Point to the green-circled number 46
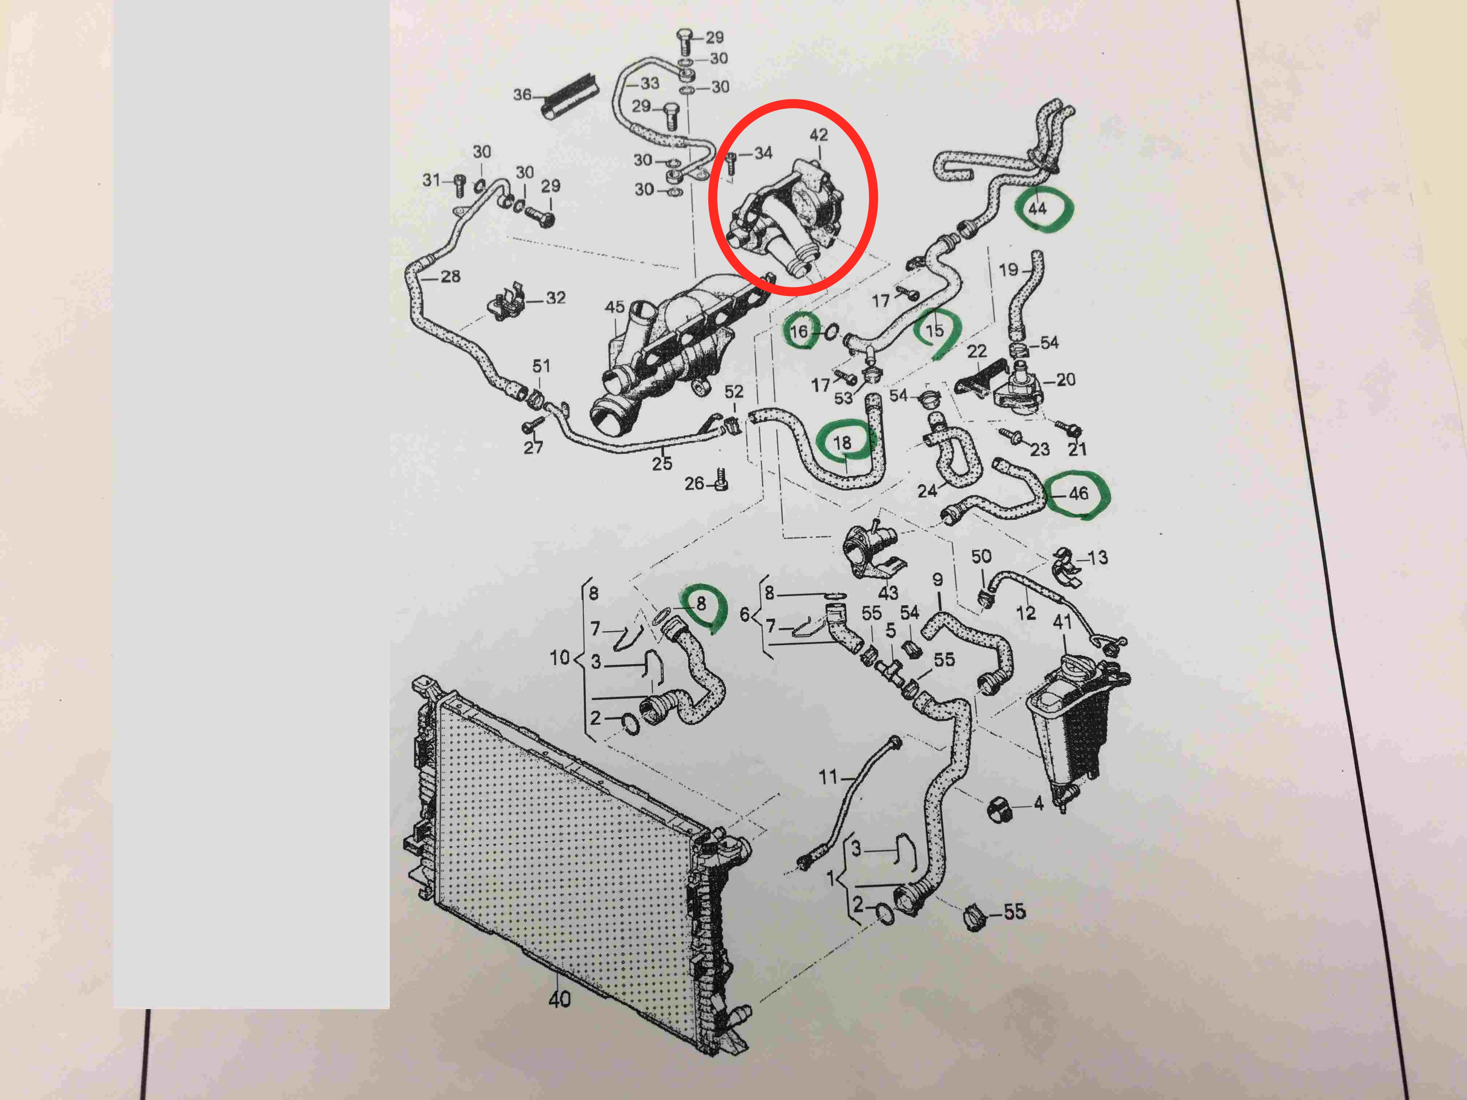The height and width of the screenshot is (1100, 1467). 1078,493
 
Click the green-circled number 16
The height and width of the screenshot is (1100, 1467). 799,331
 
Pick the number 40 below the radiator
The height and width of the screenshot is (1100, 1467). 559,999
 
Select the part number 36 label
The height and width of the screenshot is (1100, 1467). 522,95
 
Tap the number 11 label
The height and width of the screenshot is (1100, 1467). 828,776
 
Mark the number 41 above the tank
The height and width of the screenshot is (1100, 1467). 1062,622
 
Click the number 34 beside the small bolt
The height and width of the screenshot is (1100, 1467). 763,153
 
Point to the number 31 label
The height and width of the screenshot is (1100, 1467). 432,180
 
